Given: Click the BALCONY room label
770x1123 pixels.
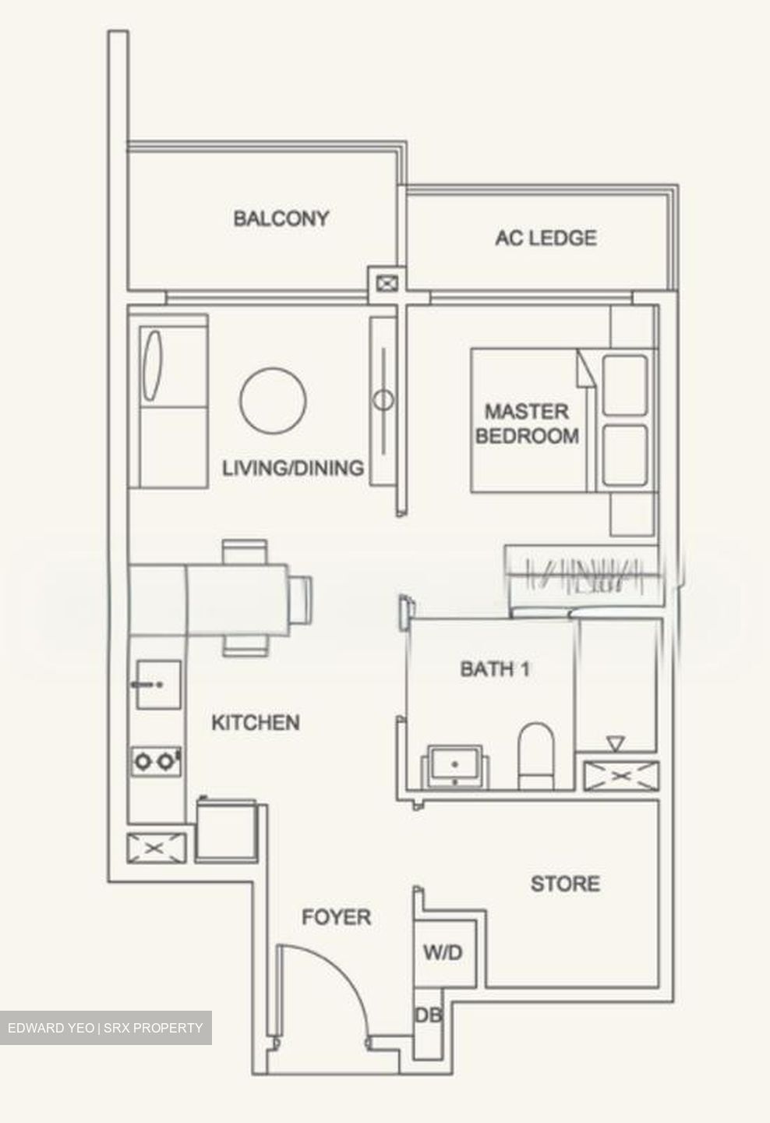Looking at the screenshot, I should [281, 218].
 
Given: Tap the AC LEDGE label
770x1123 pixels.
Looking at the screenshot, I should [546, 237].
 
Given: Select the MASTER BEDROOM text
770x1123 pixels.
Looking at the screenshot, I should [527, 423].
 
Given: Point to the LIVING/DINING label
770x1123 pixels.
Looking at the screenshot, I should [293, 468].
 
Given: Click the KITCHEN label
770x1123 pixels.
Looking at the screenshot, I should [256, 723].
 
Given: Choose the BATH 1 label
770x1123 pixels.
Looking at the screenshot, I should [495, 668].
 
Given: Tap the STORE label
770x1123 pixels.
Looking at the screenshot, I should [565, 884].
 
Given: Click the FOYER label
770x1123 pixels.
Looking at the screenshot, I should [336, 917].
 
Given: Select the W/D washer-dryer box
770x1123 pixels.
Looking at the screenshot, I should [443, 952].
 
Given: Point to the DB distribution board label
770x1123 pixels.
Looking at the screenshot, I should [428, 1015].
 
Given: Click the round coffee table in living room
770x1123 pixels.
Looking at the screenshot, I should [273, 401].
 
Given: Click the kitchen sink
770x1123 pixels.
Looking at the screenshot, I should [158, 685].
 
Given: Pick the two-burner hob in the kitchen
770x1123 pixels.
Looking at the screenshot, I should [156, 760].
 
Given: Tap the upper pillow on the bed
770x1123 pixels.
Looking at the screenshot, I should [625, 384].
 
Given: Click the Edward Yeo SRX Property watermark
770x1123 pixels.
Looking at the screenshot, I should [105, 1028].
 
